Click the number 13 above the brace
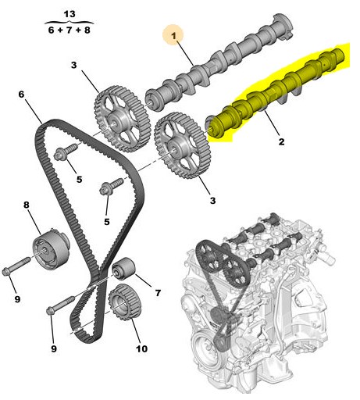click(x=70, y=14)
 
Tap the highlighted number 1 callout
click(x=173, y=35)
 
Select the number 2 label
click(x=281, y=141)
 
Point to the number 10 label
click(x=141, y=348)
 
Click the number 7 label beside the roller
click(x=158, y=293)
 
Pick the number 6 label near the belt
click(x=21, y=94)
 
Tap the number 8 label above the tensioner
click(x=27, y=205)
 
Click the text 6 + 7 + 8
click(x=70, y=30)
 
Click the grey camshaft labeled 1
click(x=219, y=62)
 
